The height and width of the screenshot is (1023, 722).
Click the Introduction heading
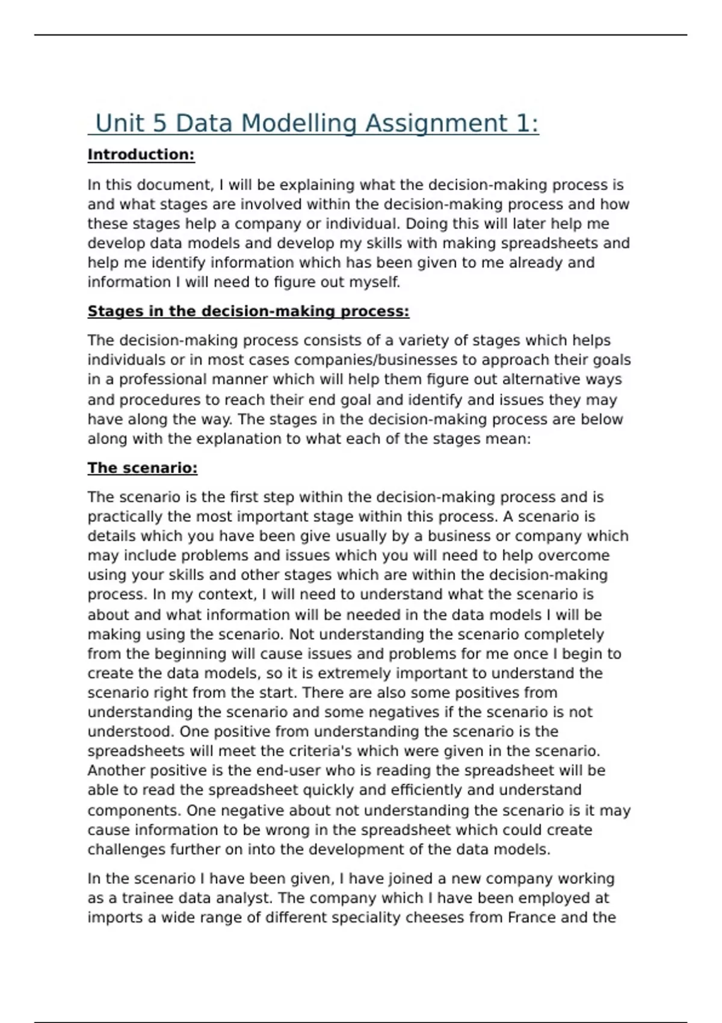tap(141, 155)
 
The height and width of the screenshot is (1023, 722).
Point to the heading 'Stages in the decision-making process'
tap(248, 311)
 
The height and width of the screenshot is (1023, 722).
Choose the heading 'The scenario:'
tap(142, 468)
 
